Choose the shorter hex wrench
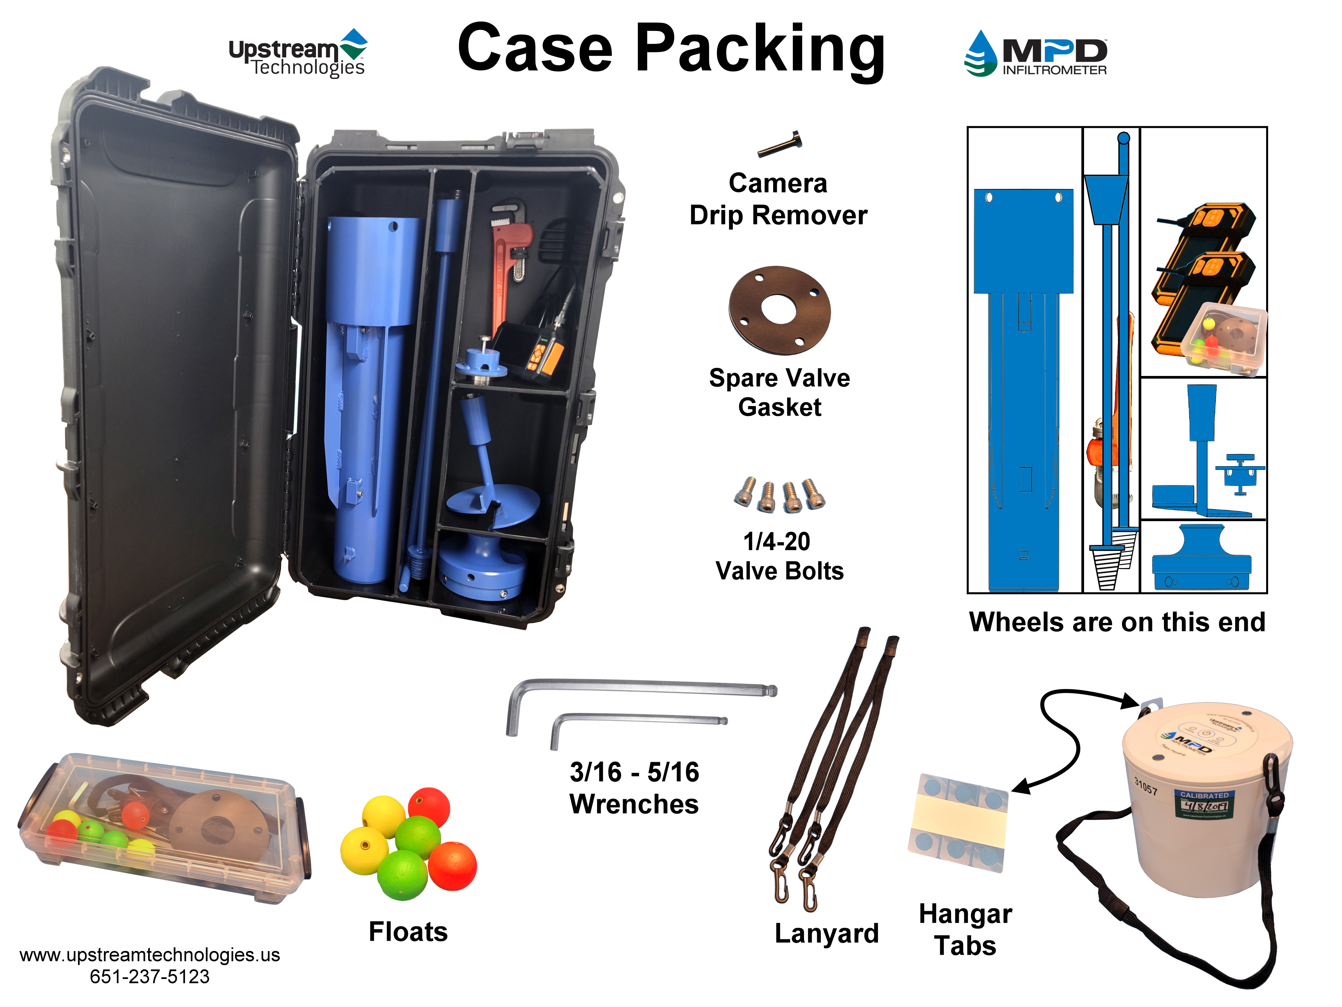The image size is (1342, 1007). (637, 722)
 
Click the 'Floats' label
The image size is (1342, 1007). (408, 932)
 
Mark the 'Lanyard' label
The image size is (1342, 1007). (826, 933)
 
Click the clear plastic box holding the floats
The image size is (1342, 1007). (164, 829)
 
